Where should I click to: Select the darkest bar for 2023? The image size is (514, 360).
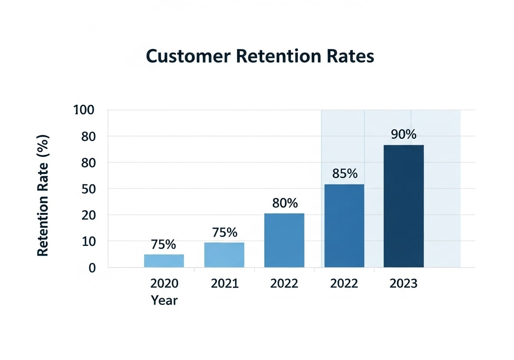(x=404, y=206)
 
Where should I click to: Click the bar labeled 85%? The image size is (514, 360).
(x=344, y=225)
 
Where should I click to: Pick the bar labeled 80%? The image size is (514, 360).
(x=284, y=240)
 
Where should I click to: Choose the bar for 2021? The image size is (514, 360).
(x=224, y=255)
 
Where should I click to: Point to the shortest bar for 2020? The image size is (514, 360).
(x=164, y=261)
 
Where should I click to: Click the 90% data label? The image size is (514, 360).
(x=404, y=134)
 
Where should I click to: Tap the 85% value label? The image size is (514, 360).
(x=345, y=174)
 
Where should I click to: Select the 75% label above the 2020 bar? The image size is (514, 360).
(x=163, y=244)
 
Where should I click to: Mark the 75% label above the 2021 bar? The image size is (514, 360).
(x=224, y=232)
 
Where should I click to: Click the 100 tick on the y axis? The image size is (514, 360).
(x=84, y=110)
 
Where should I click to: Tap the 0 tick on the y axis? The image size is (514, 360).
(x=92, y=268)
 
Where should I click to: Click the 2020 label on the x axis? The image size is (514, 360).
(x=164, y=283)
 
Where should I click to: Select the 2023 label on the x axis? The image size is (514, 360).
(x=404, y=283)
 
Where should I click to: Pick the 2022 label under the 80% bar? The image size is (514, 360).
(x=284, y=283)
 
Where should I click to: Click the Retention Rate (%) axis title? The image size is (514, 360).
(x=43, y=196)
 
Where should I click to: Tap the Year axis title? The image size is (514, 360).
(x=164, y=300)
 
